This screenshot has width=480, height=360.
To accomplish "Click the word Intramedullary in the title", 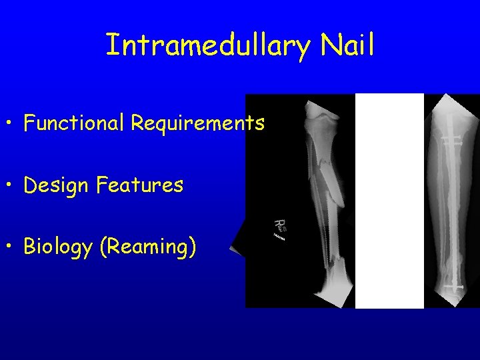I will pyautogui.click(x=208, y=46).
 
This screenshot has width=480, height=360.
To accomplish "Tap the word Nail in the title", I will pyautogui.click(x=347, y=45).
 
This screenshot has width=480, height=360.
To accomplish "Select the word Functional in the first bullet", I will pyautogui.click(x=75, y=123).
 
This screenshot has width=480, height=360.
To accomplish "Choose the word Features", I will pyautogui.click(x=139, y=185).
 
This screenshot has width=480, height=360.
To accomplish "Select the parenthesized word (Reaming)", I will pyautogui.click(x=147, y=247).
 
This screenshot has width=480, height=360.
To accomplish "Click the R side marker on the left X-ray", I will pyautogui.click(x=281, y=225).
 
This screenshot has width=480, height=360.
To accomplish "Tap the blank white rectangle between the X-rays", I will pyautogui.click(x=389, y=200).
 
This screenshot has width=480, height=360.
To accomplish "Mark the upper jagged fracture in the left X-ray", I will pyautogui.click(x=324, y=160).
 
